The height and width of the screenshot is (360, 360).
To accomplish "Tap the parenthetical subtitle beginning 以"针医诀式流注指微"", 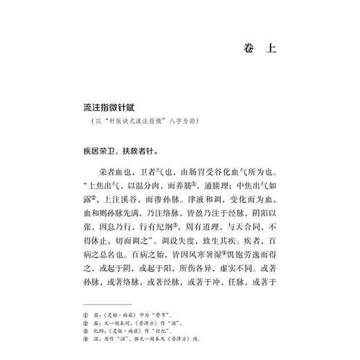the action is tap(142, 125).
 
